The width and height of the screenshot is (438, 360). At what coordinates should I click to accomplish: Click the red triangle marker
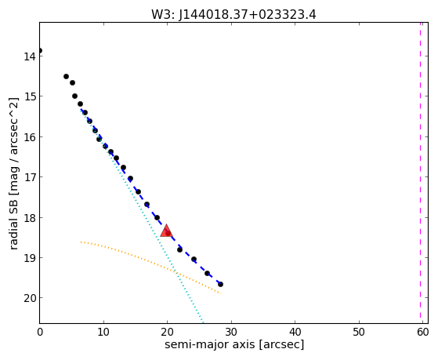click(x=166, y=231)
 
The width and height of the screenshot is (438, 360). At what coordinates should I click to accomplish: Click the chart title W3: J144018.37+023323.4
click(x=233, y=15)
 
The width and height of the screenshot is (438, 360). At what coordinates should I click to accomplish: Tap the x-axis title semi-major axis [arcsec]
click(x=234, y=344)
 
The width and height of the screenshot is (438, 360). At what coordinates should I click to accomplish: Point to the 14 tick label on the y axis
click(x=30, y=56)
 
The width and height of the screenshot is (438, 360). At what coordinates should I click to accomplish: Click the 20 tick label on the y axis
click(x=30, y=298)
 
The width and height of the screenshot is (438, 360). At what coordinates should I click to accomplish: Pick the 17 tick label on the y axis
click(x=30, y=177)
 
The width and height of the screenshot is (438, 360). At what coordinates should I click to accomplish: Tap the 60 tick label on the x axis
click(x=422, y=332)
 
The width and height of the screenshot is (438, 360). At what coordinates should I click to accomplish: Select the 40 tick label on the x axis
click(x=295, y=332)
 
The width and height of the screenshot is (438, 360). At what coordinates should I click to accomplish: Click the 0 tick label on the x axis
click(x=40, y=332)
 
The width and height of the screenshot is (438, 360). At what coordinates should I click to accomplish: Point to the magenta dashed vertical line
click(x=420, y=173)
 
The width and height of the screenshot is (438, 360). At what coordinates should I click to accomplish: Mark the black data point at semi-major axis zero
click(x=40, y=51)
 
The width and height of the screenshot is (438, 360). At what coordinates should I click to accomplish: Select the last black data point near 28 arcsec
click(x=220, y=284)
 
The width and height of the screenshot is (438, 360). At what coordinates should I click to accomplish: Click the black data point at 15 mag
click(x=74, y=96)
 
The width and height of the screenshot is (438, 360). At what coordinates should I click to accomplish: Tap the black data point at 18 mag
click(x=157, y=217)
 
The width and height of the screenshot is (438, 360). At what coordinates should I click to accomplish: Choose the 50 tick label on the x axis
click(x=359, y=332)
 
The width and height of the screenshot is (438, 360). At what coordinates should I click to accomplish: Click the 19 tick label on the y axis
click(x=30, y=258)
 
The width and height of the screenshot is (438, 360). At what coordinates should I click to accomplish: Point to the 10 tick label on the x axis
click(x=103, y=332)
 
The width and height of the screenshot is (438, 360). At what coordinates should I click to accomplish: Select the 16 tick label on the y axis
click(x=30, y=137)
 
